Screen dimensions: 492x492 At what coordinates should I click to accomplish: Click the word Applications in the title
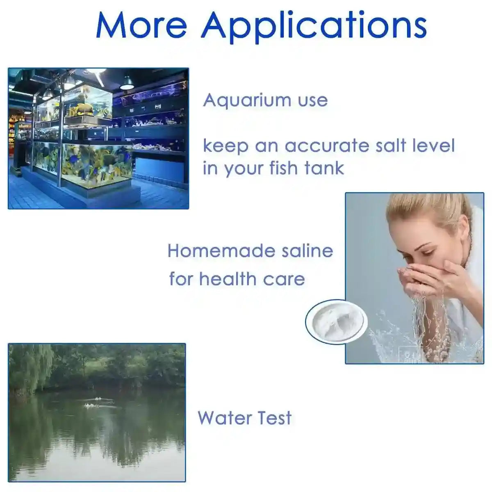314,25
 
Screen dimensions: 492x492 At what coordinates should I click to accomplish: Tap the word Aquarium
242,101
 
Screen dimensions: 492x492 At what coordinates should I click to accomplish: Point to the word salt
397,146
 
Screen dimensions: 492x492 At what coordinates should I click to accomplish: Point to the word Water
225,418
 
